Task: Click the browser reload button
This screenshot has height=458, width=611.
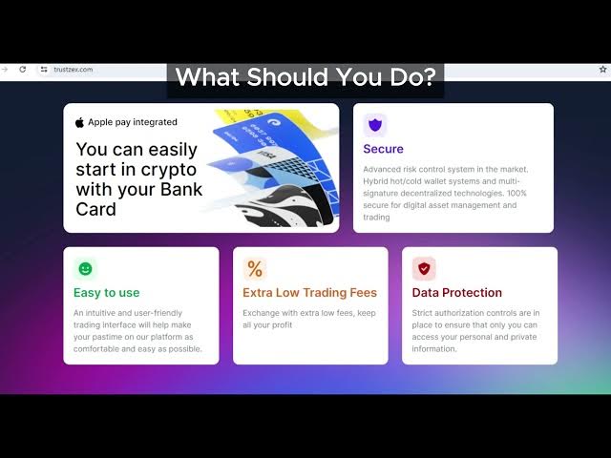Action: [23, 70]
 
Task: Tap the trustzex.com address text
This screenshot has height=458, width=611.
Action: [74, 70]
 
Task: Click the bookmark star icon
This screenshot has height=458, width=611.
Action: [602, 70]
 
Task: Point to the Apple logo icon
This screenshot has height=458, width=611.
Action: [79, 122]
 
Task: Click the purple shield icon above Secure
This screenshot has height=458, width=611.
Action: [375, 125]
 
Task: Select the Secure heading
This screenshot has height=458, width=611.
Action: [383, 149]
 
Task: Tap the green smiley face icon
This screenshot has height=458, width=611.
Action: [85, 269]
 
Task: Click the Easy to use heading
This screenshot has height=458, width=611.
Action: [106, 293]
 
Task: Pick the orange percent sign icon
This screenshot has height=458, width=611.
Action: [255, 269]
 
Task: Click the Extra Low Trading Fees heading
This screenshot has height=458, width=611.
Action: [309, 293]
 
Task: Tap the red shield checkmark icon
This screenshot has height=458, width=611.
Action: [424, 269]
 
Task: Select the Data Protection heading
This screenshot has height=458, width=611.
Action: [456, 293]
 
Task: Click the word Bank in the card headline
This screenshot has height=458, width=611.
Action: [181, 189]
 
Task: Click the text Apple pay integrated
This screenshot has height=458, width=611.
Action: [133, 122]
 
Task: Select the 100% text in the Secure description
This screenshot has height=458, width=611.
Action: [516, 193]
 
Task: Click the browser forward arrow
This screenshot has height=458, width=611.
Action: [5, 70]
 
